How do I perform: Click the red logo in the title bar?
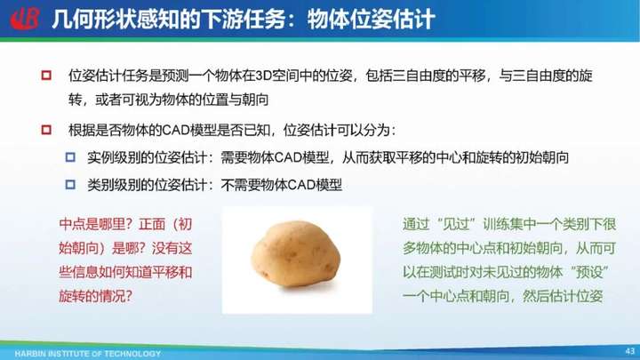tap(25, 19)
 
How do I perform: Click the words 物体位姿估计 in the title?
tap(371, 20)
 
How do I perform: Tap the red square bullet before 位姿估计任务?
tap(46, 75)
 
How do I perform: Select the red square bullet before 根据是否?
tap(46, 130)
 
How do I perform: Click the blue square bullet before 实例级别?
tap(70, 157)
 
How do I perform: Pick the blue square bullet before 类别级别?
tap(70, 185)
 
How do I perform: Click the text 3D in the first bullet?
tap(263, 76)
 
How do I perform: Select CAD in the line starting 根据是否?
tap(176, 131)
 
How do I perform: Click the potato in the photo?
tap(296, 253)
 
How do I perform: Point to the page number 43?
tap(630, 351)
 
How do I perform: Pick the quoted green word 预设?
tap(588, 272)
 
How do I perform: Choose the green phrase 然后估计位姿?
tap(563, 296)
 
